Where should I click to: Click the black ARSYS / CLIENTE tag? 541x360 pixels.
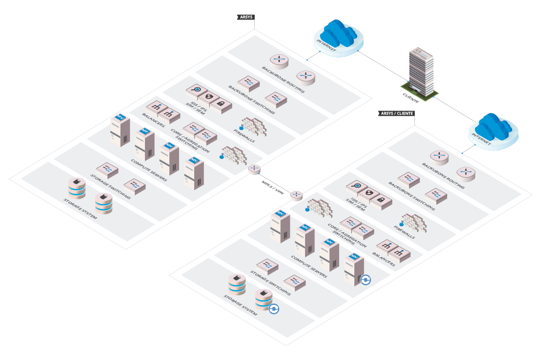click(x=397, y=113)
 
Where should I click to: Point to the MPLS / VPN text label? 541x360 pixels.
click(x=273, y=186)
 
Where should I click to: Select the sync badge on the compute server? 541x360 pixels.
click(x=366, y=279)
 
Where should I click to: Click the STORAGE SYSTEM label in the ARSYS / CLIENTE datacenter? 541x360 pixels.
click(x=240, y=306)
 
